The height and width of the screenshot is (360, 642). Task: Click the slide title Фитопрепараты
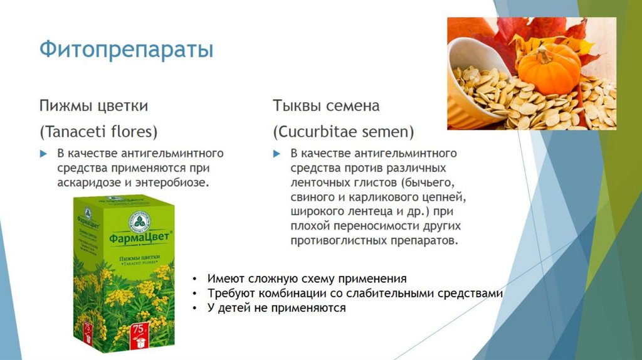126,50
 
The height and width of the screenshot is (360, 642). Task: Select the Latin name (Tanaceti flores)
98,132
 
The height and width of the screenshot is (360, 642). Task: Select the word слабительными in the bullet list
399,294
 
